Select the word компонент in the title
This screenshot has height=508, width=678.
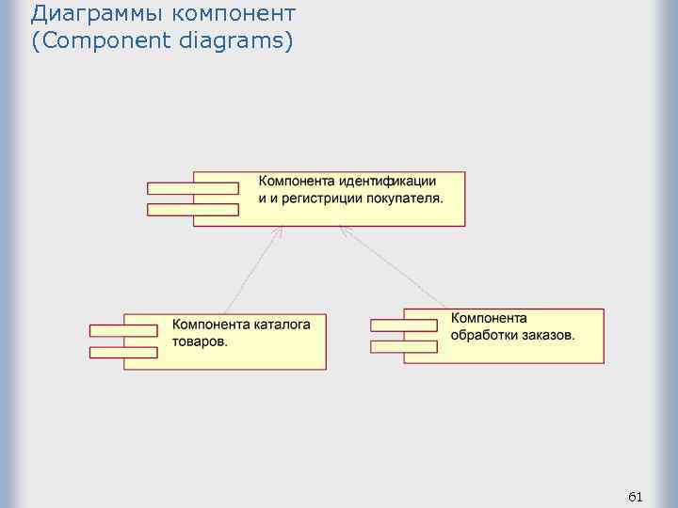[x=234, y=14]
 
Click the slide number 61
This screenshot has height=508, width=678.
[x=635, y=496]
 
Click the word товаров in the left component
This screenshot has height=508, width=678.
[x=198, y=341]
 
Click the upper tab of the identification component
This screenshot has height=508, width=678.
[x=192, y=187]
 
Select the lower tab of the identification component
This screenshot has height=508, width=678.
[x=192, y=210]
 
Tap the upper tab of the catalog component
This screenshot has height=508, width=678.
[x=123, y=330]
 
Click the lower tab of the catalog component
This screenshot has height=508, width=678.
[x=123, y=352]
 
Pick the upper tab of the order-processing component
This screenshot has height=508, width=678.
[x=404, y=325]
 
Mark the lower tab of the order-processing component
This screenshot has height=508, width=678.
[x=404, y=346]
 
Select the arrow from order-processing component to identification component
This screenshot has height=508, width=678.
[x=393, y=267]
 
